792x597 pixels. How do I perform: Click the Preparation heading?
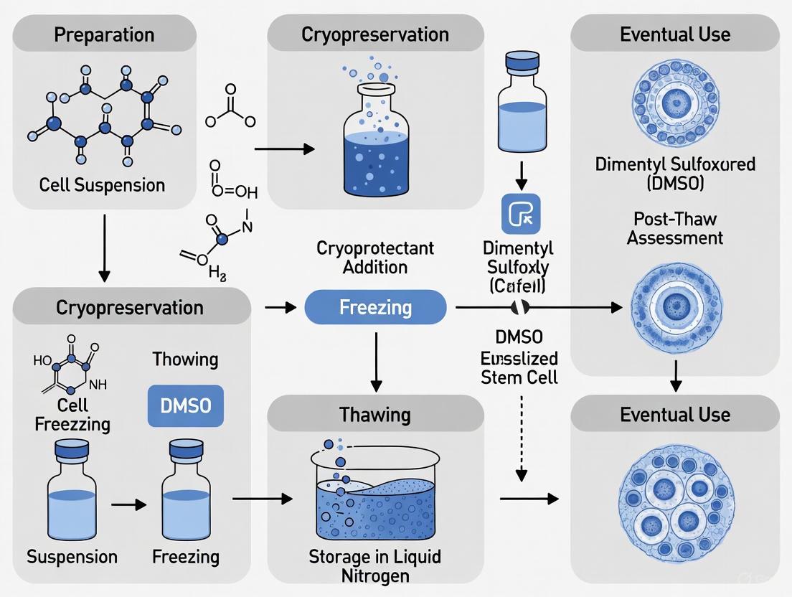point(105,34)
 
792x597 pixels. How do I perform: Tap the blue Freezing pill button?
point(375,308)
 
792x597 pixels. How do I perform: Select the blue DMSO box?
point(185,406)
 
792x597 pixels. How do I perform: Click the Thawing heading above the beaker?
point(375,414)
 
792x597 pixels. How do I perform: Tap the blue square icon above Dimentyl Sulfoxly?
point(522,214)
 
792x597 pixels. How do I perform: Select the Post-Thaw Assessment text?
point(674,228)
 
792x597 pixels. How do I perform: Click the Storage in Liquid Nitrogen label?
point(374,565)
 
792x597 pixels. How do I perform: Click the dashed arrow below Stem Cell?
point(522,438)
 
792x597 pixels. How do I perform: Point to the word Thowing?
point(185,359)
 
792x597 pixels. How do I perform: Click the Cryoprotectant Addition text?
point(375,258)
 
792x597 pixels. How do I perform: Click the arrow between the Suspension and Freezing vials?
point(128,504)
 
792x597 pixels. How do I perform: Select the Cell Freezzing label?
point(72,414)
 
